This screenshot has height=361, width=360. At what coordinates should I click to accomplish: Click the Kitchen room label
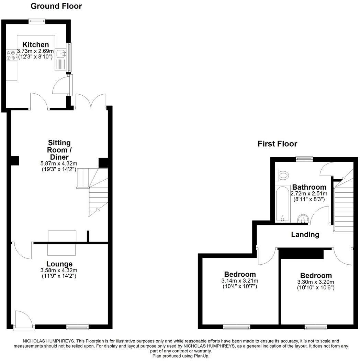pos(36,45)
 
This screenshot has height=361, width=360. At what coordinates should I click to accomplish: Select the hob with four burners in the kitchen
pos(11,55)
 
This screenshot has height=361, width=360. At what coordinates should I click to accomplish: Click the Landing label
pos(305,235)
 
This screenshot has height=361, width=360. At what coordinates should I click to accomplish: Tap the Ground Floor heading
pos(56,6)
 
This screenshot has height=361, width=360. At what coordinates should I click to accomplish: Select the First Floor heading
pos(277,144)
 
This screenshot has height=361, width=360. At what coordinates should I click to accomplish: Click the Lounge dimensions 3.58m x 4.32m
pos(59,270)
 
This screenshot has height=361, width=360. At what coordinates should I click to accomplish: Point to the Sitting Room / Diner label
pos(59,150)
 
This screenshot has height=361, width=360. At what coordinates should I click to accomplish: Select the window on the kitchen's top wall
pos(37,21)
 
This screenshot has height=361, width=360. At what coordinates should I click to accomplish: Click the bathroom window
pos(304,159)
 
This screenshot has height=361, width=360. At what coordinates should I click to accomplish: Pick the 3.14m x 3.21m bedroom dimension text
pos(240,281)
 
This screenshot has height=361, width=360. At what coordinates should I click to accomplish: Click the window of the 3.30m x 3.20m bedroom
pos(315,327)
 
